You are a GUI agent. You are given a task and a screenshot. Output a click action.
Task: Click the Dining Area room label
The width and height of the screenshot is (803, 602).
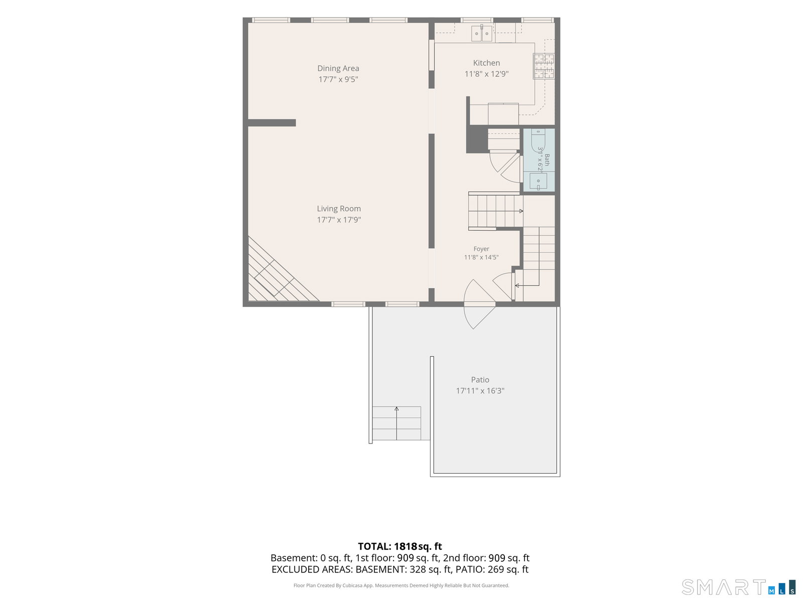338,68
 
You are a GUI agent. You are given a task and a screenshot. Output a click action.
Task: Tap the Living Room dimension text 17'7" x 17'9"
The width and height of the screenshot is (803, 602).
339,220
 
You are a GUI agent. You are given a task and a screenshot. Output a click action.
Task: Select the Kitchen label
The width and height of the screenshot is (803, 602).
486,63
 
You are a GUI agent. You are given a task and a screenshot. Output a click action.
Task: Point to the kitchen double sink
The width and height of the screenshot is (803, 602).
481,33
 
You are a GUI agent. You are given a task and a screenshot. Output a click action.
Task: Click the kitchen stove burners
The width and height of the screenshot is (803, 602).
544,66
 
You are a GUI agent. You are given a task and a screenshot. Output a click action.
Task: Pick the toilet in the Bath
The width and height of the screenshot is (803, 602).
538,140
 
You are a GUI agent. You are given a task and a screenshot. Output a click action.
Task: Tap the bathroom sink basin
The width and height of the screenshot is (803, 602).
538,181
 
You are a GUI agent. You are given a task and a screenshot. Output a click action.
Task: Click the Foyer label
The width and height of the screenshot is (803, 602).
481,249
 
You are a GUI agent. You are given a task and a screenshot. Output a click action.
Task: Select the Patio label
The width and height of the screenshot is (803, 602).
480,380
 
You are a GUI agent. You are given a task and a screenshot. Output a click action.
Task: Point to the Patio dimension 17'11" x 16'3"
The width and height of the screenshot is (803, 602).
480,391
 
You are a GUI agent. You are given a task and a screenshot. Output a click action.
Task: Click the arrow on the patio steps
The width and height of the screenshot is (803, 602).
396,423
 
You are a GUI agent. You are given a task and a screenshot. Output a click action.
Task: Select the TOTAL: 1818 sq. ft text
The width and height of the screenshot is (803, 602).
399,546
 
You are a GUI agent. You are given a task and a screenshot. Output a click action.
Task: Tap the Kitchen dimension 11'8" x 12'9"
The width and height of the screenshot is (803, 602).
486,74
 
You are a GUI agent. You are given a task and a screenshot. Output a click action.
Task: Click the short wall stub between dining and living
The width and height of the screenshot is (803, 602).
272,123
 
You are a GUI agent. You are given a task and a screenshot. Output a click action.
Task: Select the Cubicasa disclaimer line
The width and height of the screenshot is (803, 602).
401,585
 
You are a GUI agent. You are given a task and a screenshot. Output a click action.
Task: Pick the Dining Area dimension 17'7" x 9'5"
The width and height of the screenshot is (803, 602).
338,79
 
